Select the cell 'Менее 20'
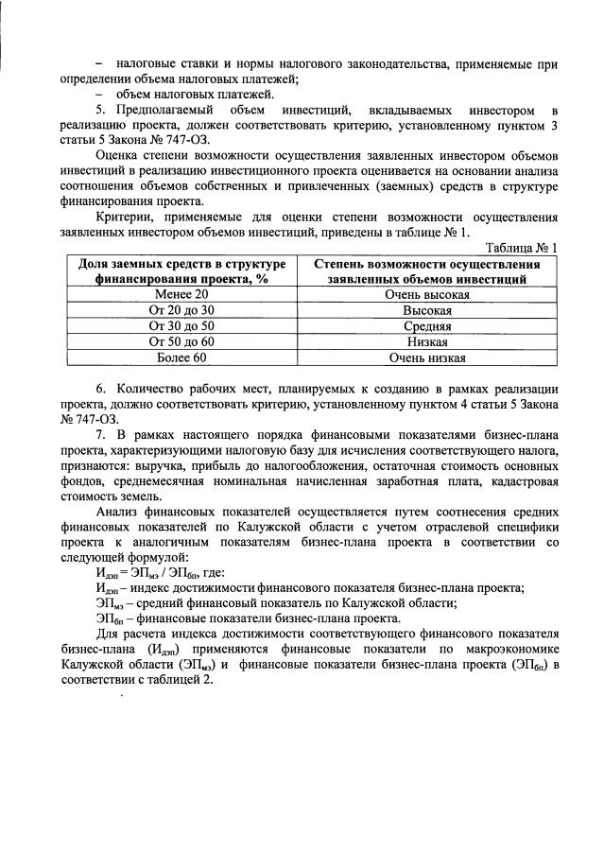(x=181, y=295)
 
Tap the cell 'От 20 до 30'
(x=181, y=310)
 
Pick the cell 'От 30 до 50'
(x=181, y=326)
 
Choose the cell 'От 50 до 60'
(x=181, y=341)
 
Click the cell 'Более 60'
(x=181, y=357)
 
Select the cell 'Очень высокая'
(x=426, y=295)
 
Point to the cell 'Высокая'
(x=426, y=310)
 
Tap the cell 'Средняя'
(x=426, y=326)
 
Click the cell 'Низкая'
(x=426, y=341)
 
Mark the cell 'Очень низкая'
(x=426, y=357)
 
